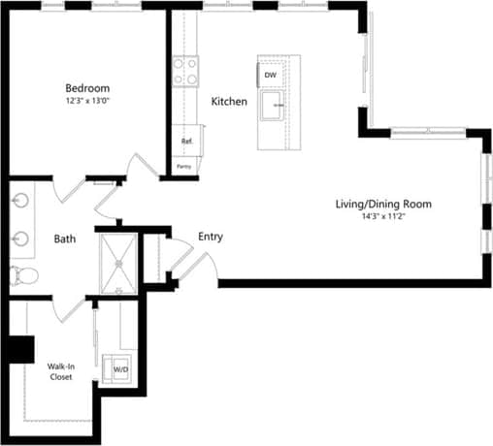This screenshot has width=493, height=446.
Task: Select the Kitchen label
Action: (228, 102)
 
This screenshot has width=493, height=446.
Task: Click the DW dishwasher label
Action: (271, 76)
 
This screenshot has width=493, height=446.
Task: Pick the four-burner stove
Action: (184, 71)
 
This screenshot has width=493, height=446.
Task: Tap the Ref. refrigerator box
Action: (186, 142)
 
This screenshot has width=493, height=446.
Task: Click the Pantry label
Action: (183, 167)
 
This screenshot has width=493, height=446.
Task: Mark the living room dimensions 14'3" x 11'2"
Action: (382, 217)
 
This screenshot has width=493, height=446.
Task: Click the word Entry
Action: (211, 237)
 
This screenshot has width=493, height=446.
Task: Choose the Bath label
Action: (65, 238)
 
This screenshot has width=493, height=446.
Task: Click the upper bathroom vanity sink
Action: (20, 202)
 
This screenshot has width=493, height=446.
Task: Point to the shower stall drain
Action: (118, 260)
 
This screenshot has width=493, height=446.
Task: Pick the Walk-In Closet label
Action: (61, 371)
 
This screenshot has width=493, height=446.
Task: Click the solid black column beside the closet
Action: (19, 348)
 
